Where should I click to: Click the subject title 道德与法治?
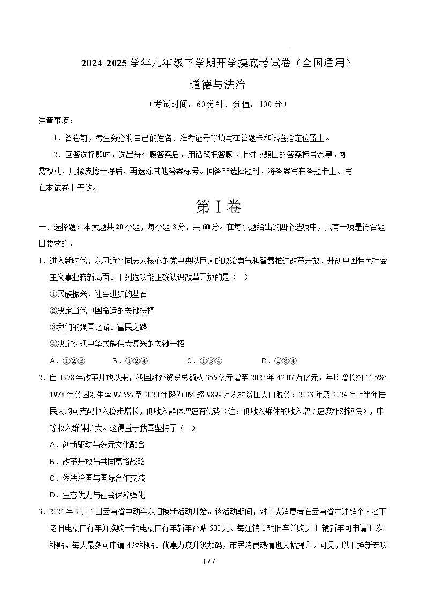click(x=212, y=84)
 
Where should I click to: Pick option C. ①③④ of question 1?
click(x=204, y=360)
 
